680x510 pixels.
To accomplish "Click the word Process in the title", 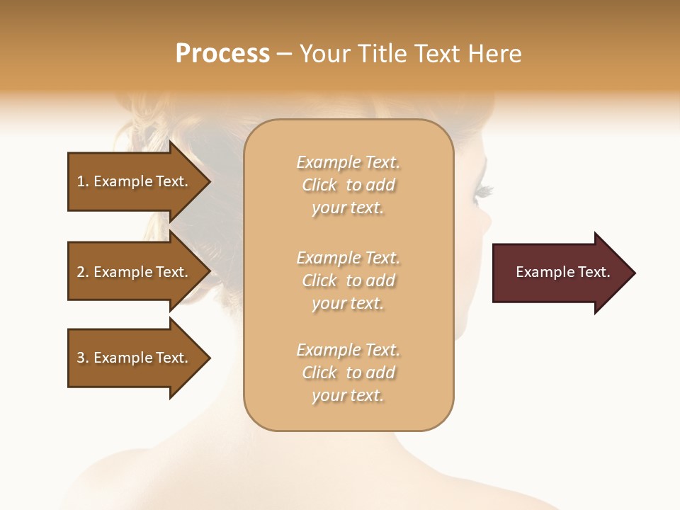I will [x=222, y=53].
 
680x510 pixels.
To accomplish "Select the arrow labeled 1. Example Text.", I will [x=135, y=181].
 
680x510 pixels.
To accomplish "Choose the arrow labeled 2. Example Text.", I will [x=135, y=272].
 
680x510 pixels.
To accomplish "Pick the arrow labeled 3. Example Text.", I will [x=135, y=358].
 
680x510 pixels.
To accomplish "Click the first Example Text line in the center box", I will [x=348, y=162].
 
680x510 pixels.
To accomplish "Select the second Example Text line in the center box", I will [x=348, y=257].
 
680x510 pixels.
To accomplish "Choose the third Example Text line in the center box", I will [x=348, y=350].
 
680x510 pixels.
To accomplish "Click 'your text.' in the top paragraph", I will [x=348, y=208].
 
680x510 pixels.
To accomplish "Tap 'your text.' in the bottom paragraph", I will [x=348, y=396].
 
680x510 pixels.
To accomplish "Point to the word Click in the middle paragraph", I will [x=319, y=280].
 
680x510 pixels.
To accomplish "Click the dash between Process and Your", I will [x=285, y=54].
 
